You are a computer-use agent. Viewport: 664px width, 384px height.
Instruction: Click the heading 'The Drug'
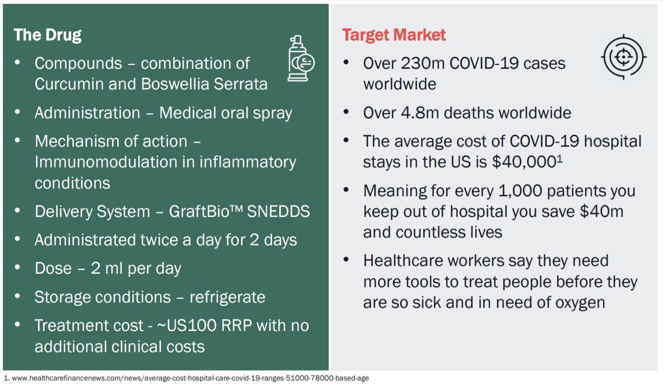47,36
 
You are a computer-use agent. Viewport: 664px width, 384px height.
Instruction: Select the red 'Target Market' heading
394,36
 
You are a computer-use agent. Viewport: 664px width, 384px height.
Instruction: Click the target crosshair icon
623,57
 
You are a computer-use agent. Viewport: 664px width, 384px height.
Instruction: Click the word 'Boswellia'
175,84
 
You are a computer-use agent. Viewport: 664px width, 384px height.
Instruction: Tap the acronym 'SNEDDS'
278,211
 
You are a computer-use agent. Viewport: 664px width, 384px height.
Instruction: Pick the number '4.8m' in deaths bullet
420,113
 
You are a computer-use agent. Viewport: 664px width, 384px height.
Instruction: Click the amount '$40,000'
524,162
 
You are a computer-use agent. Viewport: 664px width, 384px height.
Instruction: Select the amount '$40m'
602,211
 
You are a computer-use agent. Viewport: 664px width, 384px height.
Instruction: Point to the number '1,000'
520,191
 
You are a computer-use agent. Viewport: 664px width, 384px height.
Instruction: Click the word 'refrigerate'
227,297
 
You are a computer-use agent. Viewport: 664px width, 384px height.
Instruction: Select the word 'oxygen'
580,303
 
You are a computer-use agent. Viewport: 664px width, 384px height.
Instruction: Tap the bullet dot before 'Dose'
17,267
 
